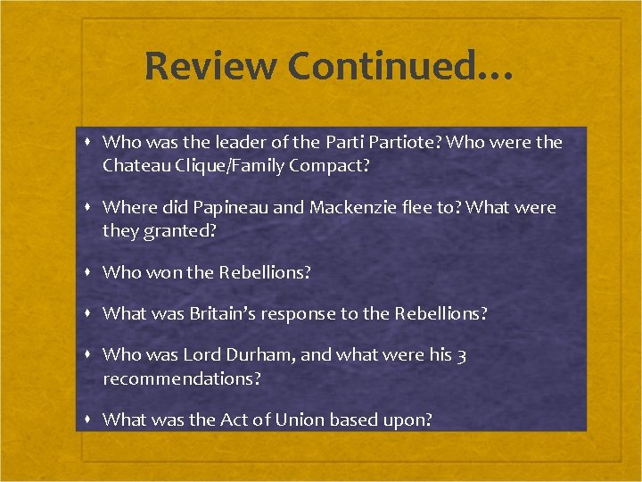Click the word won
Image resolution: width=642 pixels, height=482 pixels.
pyautogui.click(x=164, y=272)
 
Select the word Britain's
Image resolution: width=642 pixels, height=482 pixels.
pyautogui.click(x=241, y=313)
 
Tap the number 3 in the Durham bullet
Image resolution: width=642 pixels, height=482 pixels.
pyautogui.click(x=461, y=355)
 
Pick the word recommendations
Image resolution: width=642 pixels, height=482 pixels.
pyautogui.click(x=182, y=378)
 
